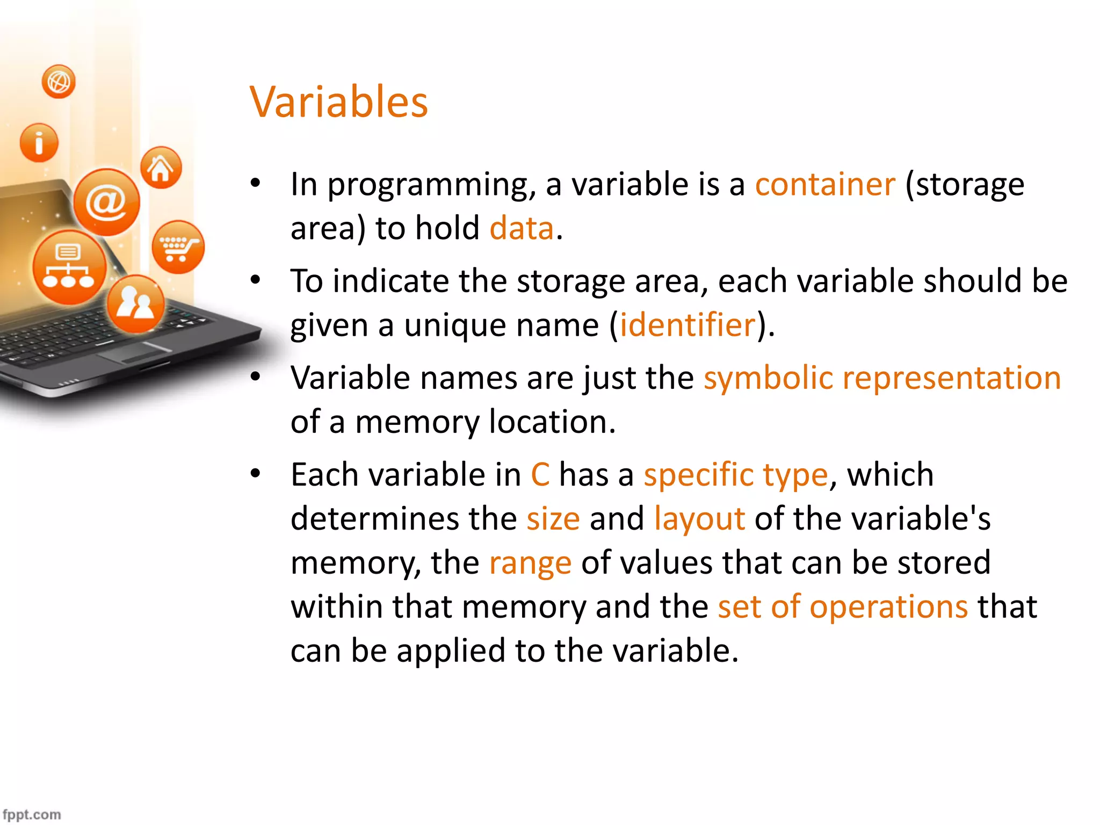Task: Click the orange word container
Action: pos(825,184)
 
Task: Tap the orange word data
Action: pos(522,228)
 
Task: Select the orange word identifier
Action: pos(688,324)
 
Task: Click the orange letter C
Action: pos(540,475)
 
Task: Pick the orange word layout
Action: pos(699,519)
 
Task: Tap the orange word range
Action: pos(530,563)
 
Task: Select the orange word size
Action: pos(553,519)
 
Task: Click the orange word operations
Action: pos(888,607)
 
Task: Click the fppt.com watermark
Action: pos(31,814)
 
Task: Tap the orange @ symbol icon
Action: pos(106,202)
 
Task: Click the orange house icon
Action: pos(161,168)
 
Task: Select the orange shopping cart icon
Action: pos(178,247)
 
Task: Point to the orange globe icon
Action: pos(59,82)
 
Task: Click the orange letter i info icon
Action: pos(39,142)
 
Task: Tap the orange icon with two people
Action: pos(135,303)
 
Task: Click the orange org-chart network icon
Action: pos(69,267)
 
